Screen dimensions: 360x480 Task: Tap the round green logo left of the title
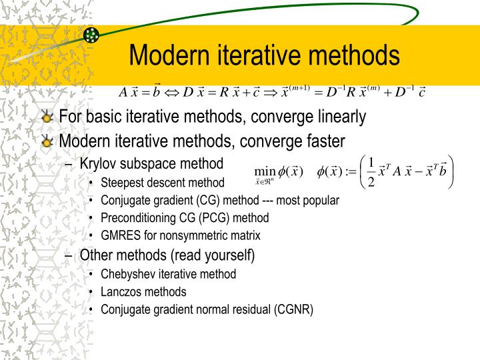coord(92,35)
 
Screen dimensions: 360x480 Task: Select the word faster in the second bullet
coord(324,141)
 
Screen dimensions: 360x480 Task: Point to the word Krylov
coord(98,163)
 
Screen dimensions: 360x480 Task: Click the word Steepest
coord(122,183)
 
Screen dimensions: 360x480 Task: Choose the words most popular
coord(309,200)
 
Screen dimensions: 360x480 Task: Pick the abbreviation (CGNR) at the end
coord(293,309)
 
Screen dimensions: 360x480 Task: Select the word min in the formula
coord(265,171)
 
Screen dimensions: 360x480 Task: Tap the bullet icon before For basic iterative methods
coord(47,118)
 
